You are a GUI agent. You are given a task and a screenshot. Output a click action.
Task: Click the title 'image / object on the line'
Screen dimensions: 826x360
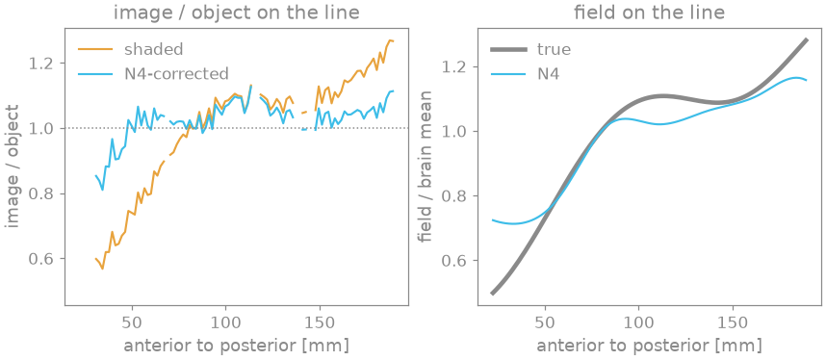coord(237,13)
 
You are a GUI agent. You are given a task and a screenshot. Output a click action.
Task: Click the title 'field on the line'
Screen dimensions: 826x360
coord(649,13)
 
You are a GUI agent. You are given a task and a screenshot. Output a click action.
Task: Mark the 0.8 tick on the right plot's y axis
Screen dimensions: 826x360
coord(458,196)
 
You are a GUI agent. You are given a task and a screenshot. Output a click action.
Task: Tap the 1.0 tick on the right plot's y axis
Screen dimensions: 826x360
coord(458,131)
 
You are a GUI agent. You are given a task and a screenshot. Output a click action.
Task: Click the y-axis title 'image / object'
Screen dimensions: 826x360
coord(13,166)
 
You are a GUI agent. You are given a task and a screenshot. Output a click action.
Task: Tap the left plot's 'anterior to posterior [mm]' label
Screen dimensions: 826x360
coord(237,346)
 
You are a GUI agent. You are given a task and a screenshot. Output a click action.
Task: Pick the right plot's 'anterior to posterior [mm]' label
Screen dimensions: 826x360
coord(649,346)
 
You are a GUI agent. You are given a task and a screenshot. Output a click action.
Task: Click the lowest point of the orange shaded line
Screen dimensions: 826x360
coord(102,269)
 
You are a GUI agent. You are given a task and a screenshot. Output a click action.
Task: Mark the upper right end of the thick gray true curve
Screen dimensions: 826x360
coord(807,39)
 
